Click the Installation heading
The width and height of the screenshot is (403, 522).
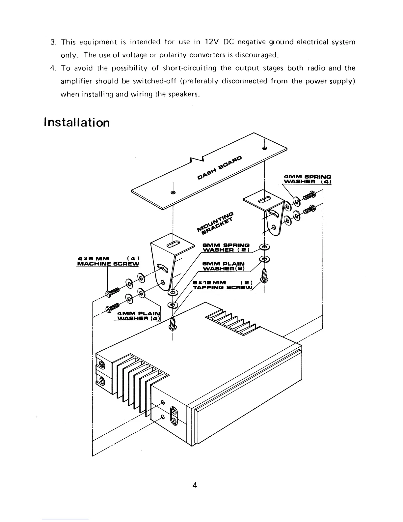point(76,123)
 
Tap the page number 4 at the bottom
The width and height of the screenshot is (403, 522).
point(195,485)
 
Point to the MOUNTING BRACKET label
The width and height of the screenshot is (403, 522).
point(216,223)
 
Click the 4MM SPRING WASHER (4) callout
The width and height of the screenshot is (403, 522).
point(307,179)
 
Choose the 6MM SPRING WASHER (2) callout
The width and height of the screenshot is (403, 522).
point(226,247)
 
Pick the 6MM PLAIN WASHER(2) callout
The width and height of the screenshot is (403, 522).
point(224,266)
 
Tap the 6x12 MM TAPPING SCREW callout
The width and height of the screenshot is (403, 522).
point(223,285)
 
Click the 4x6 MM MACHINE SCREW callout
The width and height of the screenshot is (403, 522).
point(108,261)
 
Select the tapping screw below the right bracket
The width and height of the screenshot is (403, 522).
point(264,276)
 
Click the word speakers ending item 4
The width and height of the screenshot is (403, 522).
point(186,94)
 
